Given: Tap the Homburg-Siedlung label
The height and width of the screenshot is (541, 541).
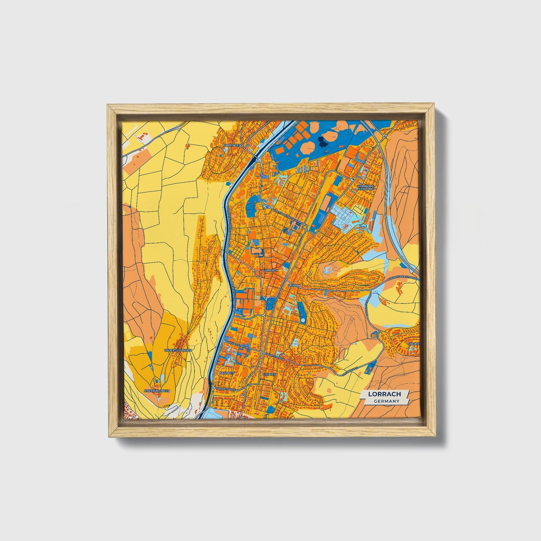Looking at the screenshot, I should click(366, 187).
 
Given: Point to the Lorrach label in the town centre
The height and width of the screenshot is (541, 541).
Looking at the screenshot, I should click(270, 270).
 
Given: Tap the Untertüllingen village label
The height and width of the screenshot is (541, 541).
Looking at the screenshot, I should click(178, 350).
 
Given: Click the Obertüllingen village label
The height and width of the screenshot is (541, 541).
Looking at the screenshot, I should click(157, 391).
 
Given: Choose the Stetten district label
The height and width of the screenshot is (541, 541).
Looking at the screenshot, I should click(269, 374).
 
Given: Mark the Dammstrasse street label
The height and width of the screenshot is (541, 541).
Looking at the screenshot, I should click(226, 389).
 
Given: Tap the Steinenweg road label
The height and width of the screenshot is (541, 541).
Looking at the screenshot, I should click(350, 371).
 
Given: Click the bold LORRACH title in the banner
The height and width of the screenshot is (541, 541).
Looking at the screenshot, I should click(384, 394).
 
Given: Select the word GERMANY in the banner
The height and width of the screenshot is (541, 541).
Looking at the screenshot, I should click(386, 401).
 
